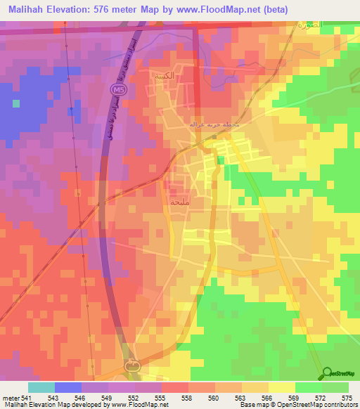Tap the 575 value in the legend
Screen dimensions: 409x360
tap(348, 398)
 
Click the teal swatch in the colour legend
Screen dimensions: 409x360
tap(41, 387)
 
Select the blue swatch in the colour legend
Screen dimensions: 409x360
tap(67, 387)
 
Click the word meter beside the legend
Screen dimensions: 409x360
tap(10, 398)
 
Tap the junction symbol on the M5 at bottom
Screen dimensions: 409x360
tap(132, 365)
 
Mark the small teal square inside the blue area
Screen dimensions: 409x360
tap(15, 103)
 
